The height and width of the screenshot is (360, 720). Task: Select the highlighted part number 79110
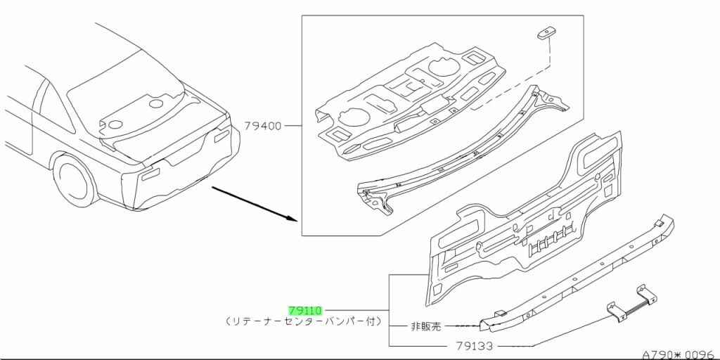pos(304,309)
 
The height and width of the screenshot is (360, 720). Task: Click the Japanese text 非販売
pos(427,326)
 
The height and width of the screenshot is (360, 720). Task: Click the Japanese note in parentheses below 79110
pos(304,321)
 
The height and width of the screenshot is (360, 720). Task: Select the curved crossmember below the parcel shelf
pos(457,151)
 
